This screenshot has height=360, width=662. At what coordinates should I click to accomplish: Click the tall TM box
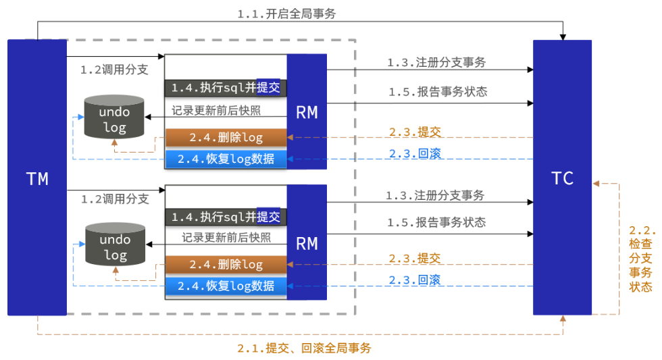tap(36, 177)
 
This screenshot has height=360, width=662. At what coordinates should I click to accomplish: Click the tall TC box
tap(562, 177)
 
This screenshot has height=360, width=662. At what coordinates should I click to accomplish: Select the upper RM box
tap(307, 111)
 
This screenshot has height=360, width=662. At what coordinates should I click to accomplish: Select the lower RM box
tap(307, 242)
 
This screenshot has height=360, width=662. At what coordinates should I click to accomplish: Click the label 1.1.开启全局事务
tap(296, 13)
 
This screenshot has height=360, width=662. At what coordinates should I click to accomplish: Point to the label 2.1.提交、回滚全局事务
tap(304, 349)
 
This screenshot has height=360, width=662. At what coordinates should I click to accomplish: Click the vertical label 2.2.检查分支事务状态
tap(641, 258)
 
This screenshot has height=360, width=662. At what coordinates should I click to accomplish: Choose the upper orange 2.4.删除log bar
tap(226, 138)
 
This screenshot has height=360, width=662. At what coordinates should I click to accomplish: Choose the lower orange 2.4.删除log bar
tap(226, 265)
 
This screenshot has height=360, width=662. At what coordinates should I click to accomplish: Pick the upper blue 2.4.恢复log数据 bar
tap(226, 159)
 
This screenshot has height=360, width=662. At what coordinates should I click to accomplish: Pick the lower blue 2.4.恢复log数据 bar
tap(226, 286)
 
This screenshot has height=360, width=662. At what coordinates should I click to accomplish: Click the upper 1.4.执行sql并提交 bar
tap(226, 88)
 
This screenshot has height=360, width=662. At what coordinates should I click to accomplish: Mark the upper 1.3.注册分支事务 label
tap(436, 62)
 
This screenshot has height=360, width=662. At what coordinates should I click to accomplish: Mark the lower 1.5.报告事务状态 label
tap(436, 222)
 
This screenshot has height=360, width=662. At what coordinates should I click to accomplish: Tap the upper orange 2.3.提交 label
tap(415, 132)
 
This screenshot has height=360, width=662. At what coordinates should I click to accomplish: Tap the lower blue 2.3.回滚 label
tap(415, 280)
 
